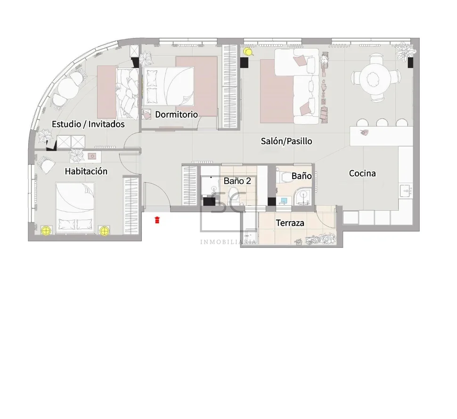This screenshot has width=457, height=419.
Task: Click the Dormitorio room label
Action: click(x=176, y=115)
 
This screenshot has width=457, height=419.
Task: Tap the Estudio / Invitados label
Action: click(x=88, y=124)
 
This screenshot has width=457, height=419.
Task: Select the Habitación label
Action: click(x=86, y=171)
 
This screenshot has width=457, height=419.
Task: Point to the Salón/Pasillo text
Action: click(x=286, y=141)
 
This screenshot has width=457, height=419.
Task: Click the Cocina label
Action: click(x=362, y=173)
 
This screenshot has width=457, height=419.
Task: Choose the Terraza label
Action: click(x=290, y=223)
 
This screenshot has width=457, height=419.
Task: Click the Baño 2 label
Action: click(x=237, y=181)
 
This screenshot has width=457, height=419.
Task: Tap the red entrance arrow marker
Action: click(x=157, y=220)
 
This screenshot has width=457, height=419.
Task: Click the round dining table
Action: click(x=375, y=78)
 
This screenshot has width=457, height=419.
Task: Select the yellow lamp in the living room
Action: click(x=248, y=52)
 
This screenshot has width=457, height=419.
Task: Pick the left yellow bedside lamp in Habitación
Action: click(x=46, y=231)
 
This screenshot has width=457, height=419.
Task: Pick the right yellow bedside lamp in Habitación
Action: click(x=104, y=231)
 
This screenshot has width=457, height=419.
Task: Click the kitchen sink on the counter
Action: click(x=406, y=192)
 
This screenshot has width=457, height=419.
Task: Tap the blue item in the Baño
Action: click(x=284, y=201)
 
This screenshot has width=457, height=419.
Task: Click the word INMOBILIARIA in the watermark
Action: click(x=228, y=242)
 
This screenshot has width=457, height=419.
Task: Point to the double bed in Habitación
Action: click(x=75, y=208)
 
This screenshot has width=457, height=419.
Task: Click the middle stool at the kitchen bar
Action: click(x=382, y=123)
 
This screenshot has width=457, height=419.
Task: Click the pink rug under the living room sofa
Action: click(x=277, y=91)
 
